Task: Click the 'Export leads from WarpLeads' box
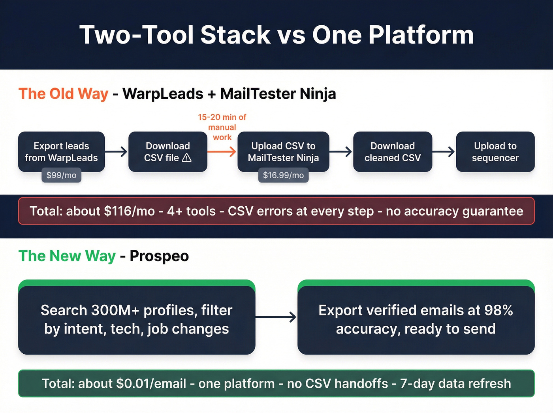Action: point(61,151)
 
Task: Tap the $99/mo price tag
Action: point(61,175)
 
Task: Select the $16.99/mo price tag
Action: point(283,175)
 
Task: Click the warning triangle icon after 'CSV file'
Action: point(186,158)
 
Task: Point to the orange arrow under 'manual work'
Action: point(222,151)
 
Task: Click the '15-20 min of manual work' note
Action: point(222,127)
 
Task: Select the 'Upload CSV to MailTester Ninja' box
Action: point(283,151)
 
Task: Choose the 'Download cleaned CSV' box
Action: point(392,151)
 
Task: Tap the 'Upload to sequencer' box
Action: point(495,151)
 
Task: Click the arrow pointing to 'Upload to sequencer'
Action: point(444,151)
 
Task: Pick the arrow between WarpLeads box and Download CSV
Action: point(117,151)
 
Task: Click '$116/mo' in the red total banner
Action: point(129,211)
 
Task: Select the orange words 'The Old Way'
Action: point(63,94)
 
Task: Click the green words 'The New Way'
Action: point(67,256)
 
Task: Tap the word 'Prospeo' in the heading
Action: point(159,256)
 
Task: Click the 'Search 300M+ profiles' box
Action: point(136,319)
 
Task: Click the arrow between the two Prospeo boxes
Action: point(276,317)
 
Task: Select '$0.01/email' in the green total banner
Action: point(151,383)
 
